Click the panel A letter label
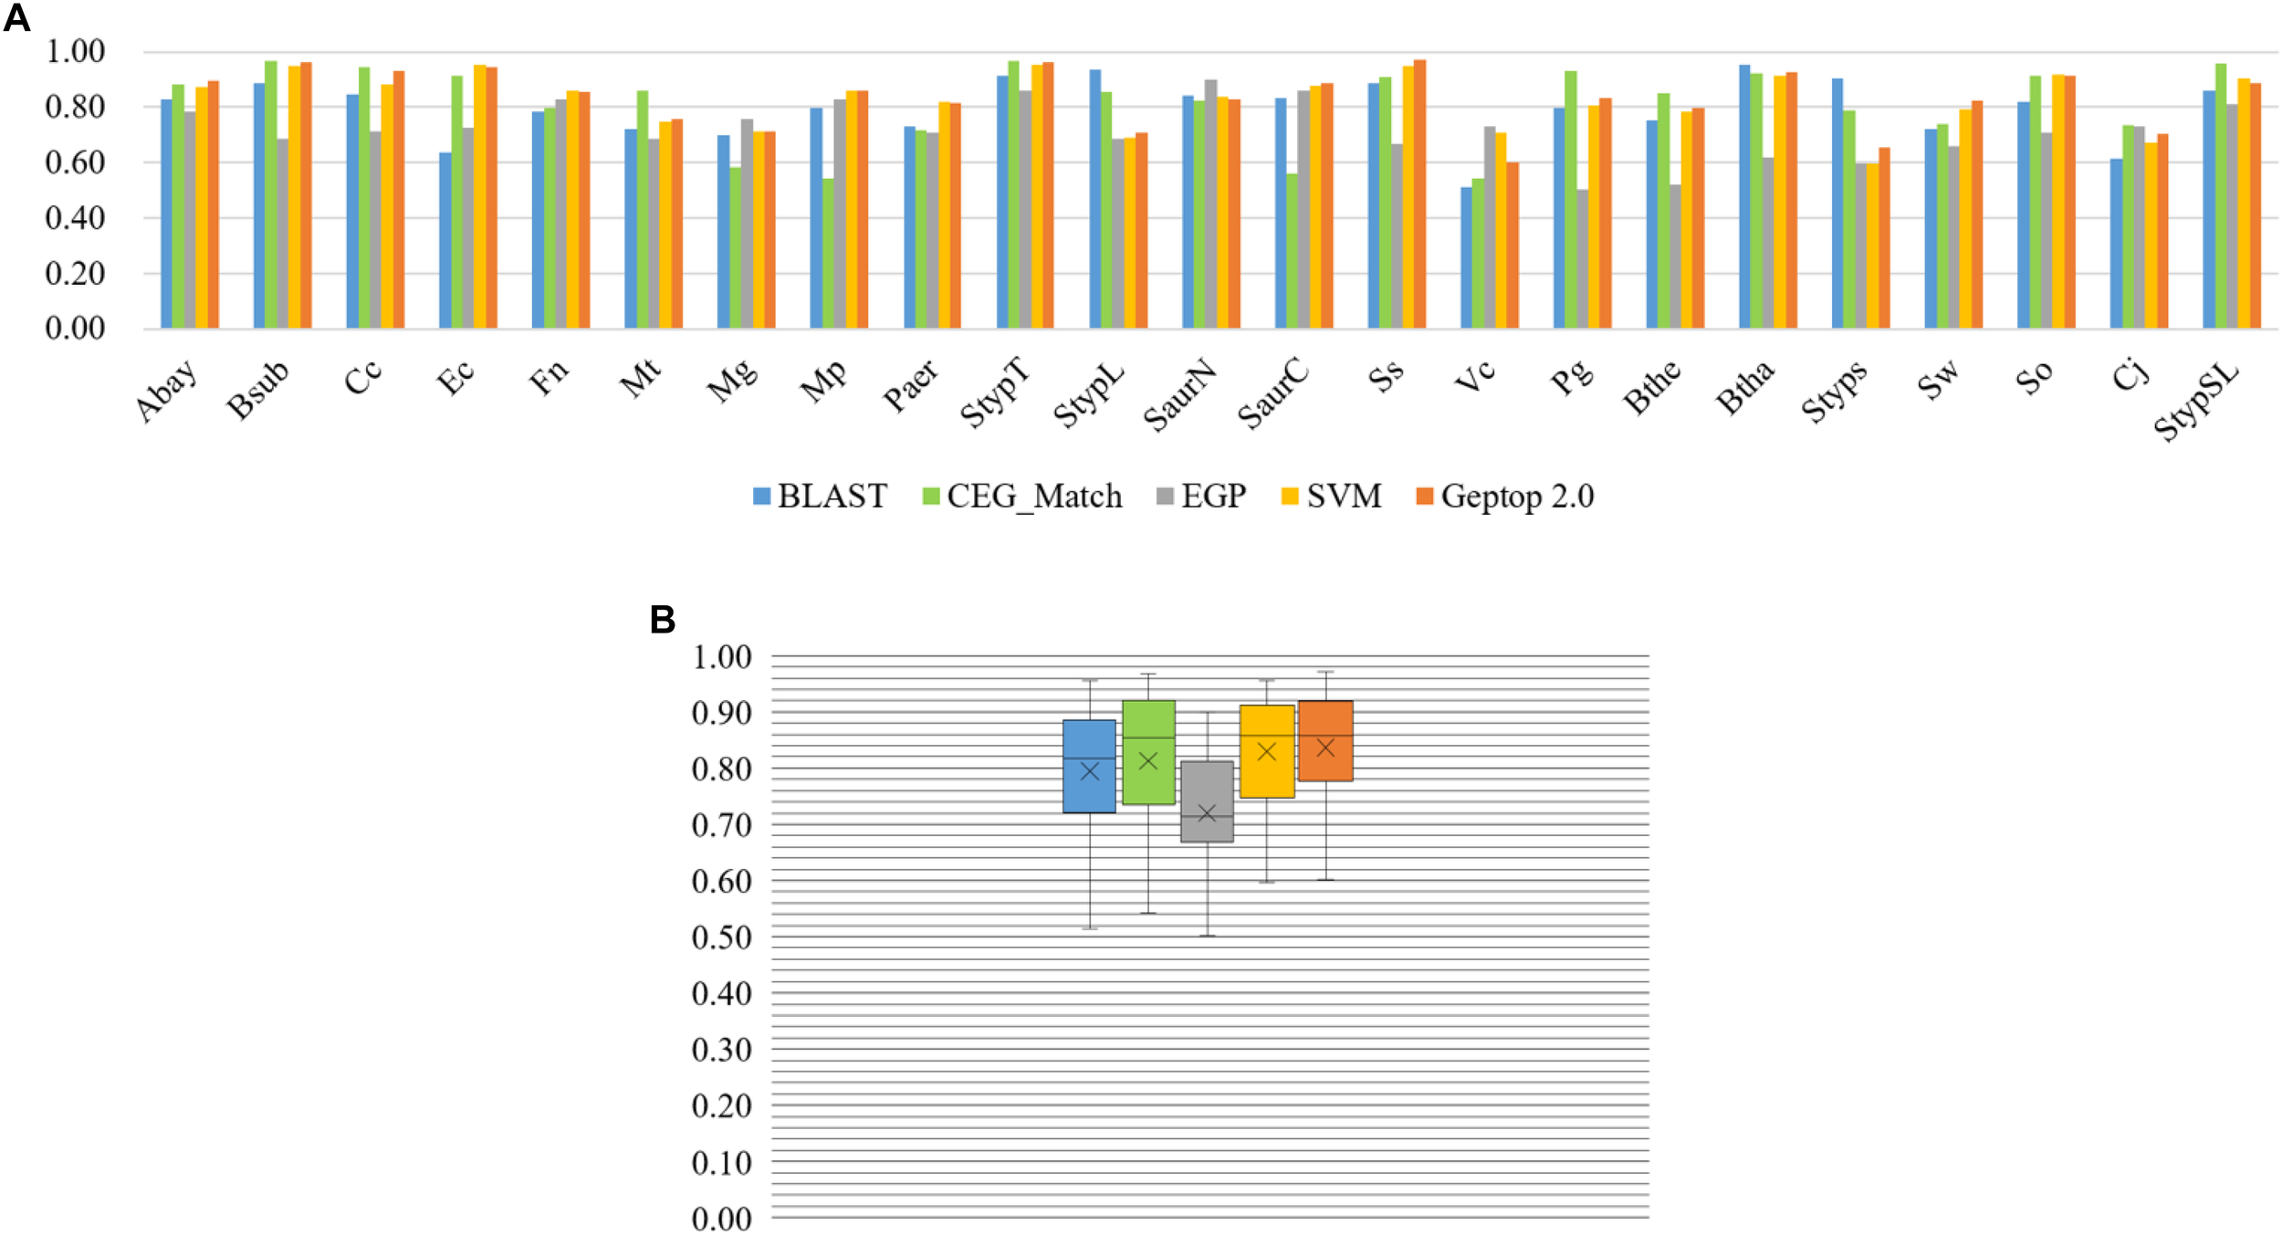pos(16,18)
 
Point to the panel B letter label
pos(662,620)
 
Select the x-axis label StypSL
pos(2195,402)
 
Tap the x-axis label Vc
pos(1475,375)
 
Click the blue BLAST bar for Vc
pos(1466,257)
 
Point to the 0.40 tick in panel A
pos(75,218)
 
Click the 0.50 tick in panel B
pos(721,937)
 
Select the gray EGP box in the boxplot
pos(1207,801)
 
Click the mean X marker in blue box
pos(1089,771)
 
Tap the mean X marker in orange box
pos(1325,748)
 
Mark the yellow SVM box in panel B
pos(1266,751)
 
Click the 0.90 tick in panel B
pos(721,713)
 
